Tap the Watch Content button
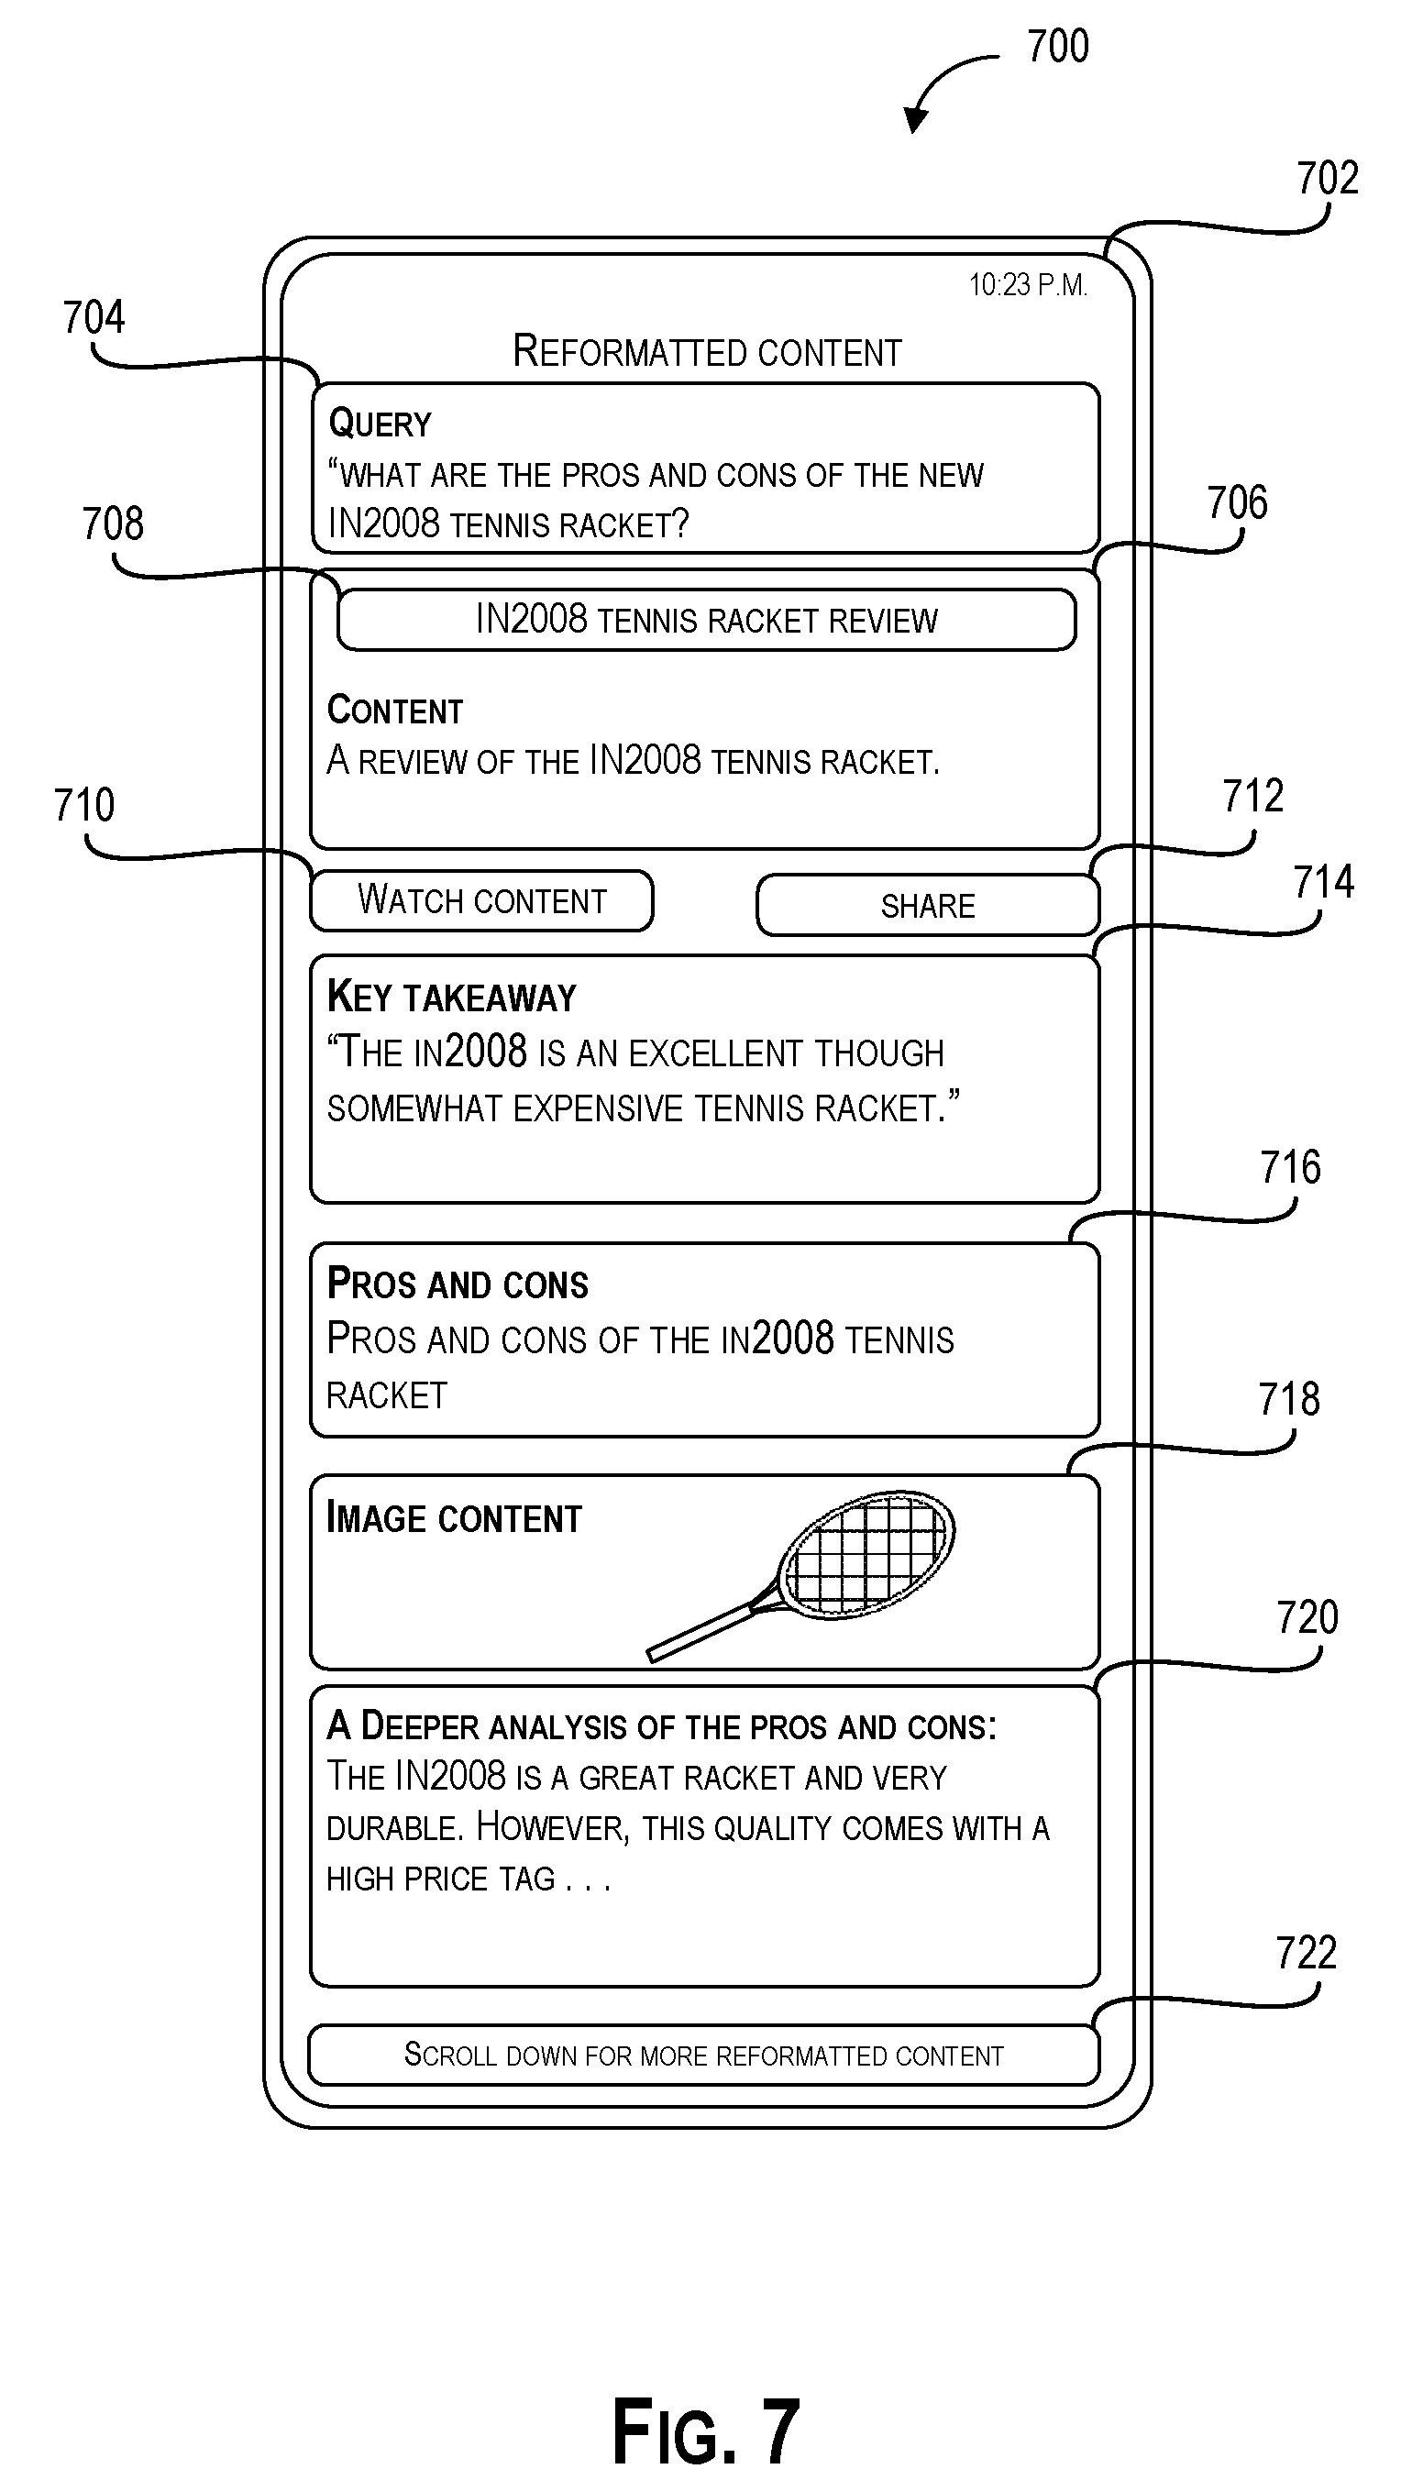click(x=482, y=901)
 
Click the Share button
click(x=928, y=906)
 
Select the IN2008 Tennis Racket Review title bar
click(x=707, y=620)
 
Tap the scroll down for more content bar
click(x=704, y=2055)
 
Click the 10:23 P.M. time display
click(x=1028, y=285)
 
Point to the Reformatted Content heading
click(x=707, y=351)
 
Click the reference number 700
click(x=1058, y=47)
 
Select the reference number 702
click(x=1328, y=179)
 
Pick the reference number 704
click(x=94, y=317)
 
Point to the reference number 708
click(x=113, y=524)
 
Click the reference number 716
click(x=1290, y=1167)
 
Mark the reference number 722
click(x=1307, y=1953)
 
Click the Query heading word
click(x=380, y=424)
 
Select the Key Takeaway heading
click(x=452, y=998)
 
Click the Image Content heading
click(x=454, y=1518)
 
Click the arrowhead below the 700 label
click(x=914, y=120)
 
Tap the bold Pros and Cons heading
click(x=458, y=1284)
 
